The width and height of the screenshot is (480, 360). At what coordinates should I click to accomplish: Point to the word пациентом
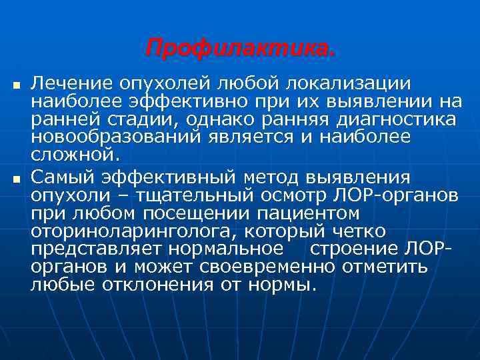coord(312,214)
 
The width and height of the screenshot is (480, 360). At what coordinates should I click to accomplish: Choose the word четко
coord(361,232)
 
